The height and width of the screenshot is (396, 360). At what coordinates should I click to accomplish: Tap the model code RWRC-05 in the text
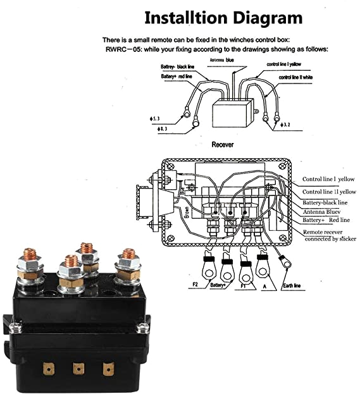tap(123, 49)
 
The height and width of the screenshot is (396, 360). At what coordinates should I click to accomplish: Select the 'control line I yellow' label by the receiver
tap(289, 65)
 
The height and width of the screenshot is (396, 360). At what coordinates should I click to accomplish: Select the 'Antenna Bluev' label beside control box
tap(322, 211)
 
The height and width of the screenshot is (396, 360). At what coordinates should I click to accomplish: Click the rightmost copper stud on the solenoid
tap(129, 256)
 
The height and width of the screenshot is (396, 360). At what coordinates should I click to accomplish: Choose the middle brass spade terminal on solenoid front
tap(78, 368)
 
